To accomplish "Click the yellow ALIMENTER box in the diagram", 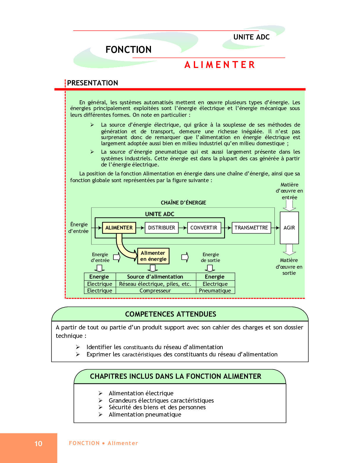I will coord(119,228).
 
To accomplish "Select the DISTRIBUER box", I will coord(161,228).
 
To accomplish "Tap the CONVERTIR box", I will coord(204,228).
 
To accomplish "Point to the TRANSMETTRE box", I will coord(251,228).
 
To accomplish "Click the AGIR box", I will coord(289,228).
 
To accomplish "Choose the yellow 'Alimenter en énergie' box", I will coord(153,256).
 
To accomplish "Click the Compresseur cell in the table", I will coord(155,291).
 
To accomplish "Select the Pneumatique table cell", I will coord(215,291).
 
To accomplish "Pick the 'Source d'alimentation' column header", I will coord(155,277).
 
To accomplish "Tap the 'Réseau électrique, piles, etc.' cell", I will coord(155,284).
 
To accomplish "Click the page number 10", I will coord(38,444).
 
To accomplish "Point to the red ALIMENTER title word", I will coord(220,65).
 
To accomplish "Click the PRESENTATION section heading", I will coord(93,83).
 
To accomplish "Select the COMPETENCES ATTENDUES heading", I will coord(171,314).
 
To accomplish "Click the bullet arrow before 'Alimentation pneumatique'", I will coord(100,414).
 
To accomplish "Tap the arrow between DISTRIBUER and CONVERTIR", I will coord(183,228).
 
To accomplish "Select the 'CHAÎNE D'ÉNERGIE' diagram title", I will coord(183,203).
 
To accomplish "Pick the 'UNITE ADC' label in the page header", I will coord(252,37).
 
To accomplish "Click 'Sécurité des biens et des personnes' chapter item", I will coord(157,407).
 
